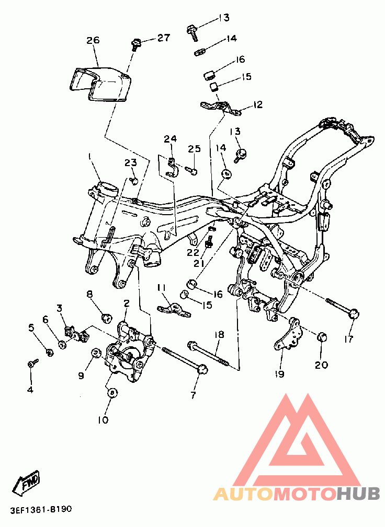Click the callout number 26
click(x=93, y=40)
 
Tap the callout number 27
click(x=164, y=38)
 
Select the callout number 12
click(x=257, y=105)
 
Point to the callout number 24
click(x=171, y=138)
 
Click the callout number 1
click(x=90, y=156)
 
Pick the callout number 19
click(x=280, y=374)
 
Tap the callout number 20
click(x=321, y=365)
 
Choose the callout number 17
click(x=349, y=339)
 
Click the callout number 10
click(x=104, y=420)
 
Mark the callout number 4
click(x=30, y=390)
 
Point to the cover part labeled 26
click(x=100, y=85)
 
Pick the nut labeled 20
click(x=322, y=336)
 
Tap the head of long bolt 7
click(x=202, y=369)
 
